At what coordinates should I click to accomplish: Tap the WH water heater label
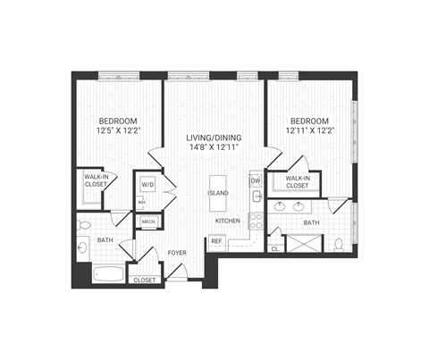142,202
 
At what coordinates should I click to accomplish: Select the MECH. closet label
148,222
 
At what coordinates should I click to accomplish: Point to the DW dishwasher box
256,181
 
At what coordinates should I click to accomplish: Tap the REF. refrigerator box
217,240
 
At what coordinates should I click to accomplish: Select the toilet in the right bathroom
338,243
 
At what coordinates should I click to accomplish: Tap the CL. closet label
274,250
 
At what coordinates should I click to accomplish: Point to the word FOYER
177,253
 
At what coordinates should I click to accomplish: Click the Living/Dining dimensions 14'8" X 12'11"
212,148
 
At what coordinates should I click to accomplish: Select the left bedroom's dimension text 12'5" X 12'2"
115,131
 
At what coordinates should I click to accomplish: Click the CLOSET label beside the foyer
145,280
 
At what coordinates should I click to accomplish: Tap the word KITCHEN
225,221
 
